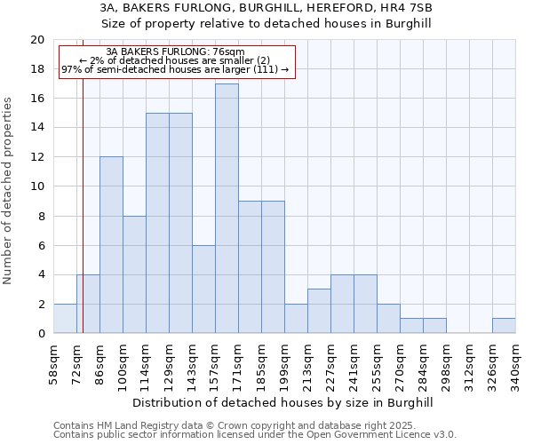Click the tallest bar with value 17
pyautogui.click(x=227, y=209)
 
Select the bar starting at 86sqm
pyautogui.click(x=111, y=245)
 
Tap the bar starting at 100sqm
pyautogui.click(x=134, y=274)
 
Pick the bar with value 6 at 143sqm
pyautogui.click(x=203, y=289)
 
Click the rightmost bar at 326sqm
pyautogui.click(x=504, y=326)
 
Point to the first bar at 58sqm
pyautogui.click(x=65, y=319)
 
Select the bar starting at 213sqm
pyautogui.click(x=319, y=311)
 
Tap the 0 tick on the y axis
pyautogui.click(x=40, y=334)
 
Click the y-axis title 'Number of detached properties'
pyautogui.click(x=9, y=191)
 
